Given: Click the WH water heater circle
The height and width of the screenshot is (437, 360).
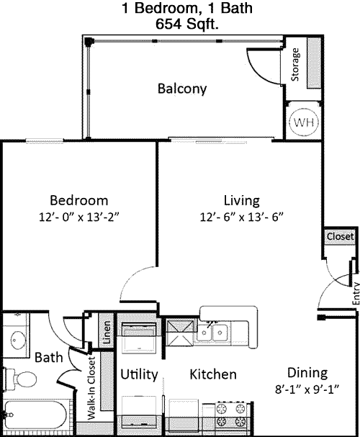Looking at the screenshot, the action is click(x=304, y=122).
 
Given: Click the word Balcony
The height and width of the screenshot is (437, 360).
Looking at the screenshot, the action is click(x=182, y=89).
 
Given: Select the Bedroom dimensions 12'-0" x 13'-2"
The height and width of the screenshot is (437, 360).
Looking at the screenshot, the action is click(x=79, y=217).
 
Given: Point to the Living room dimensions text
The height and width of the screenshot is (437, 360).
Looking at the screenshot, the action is click(x=242, y=217).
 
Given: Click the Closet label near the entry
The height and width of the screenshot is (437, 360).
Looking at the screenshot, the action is click(x=340, y=237).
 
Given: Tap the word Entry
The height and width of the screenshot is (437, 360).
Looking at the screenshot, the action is click(x=356, y=294).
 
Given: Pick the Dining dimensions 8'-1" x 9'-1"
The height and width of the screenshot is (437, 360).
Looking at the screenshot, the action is click(x=307, y=389).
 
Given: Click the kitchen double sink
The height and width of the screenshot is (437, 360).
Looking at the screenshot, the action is click(x=212, y=332).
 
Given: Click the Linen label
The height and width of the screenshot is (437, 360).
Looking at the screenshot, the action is click(x=107, y=332).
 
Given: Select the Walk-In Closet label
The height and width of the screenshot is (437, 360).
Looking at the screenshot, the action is click(x=91, y=388).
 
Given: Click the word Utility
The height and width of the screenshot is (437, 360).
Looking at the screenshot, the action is click(x=139, y=374).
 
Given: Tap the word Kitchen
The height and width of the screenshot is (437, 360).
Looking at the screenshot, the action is click(x=213, y=374).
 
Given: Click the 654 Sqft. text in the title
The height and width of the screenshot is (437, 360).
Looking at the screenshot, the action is click(x=186, y=24).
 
